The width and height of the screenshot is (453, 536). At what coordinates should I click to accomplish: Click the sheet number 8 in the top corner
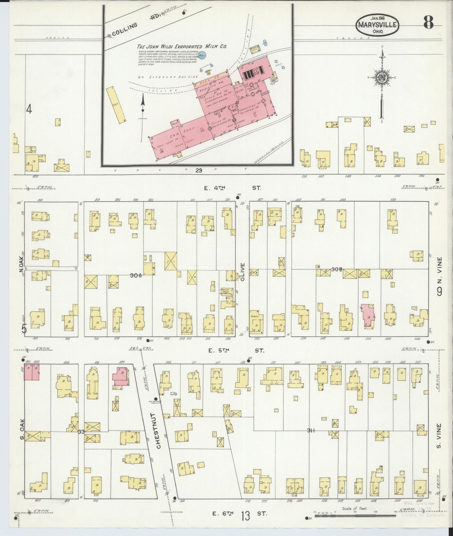[428, 22]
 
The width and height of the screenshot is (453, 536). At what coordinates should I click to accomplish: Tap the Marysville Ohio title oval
[377, 25]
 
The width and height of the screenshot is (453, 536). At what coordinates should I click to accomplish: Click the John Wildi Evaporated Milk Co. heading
[182, 47]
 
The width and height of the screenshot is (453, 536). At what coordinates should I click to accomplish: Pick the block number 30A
[136, 275]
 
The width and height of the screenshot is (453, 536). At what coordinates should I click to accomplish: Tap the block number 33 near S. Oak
[81, 432]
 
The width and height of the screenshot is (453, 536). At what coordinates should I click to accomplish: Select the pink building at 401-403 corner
[32, 372]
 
